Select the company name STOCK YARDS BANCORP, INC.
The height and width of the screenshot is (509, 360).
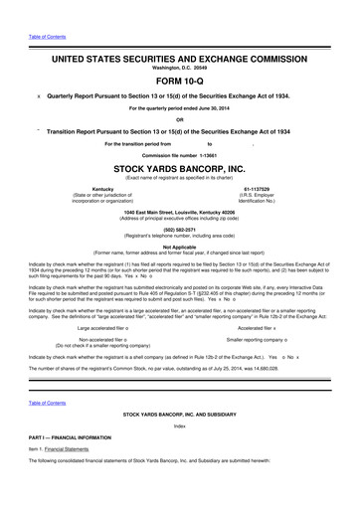click(179, 169)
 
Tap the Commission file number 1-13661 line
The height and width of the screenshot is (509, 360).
click(179, 156)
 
